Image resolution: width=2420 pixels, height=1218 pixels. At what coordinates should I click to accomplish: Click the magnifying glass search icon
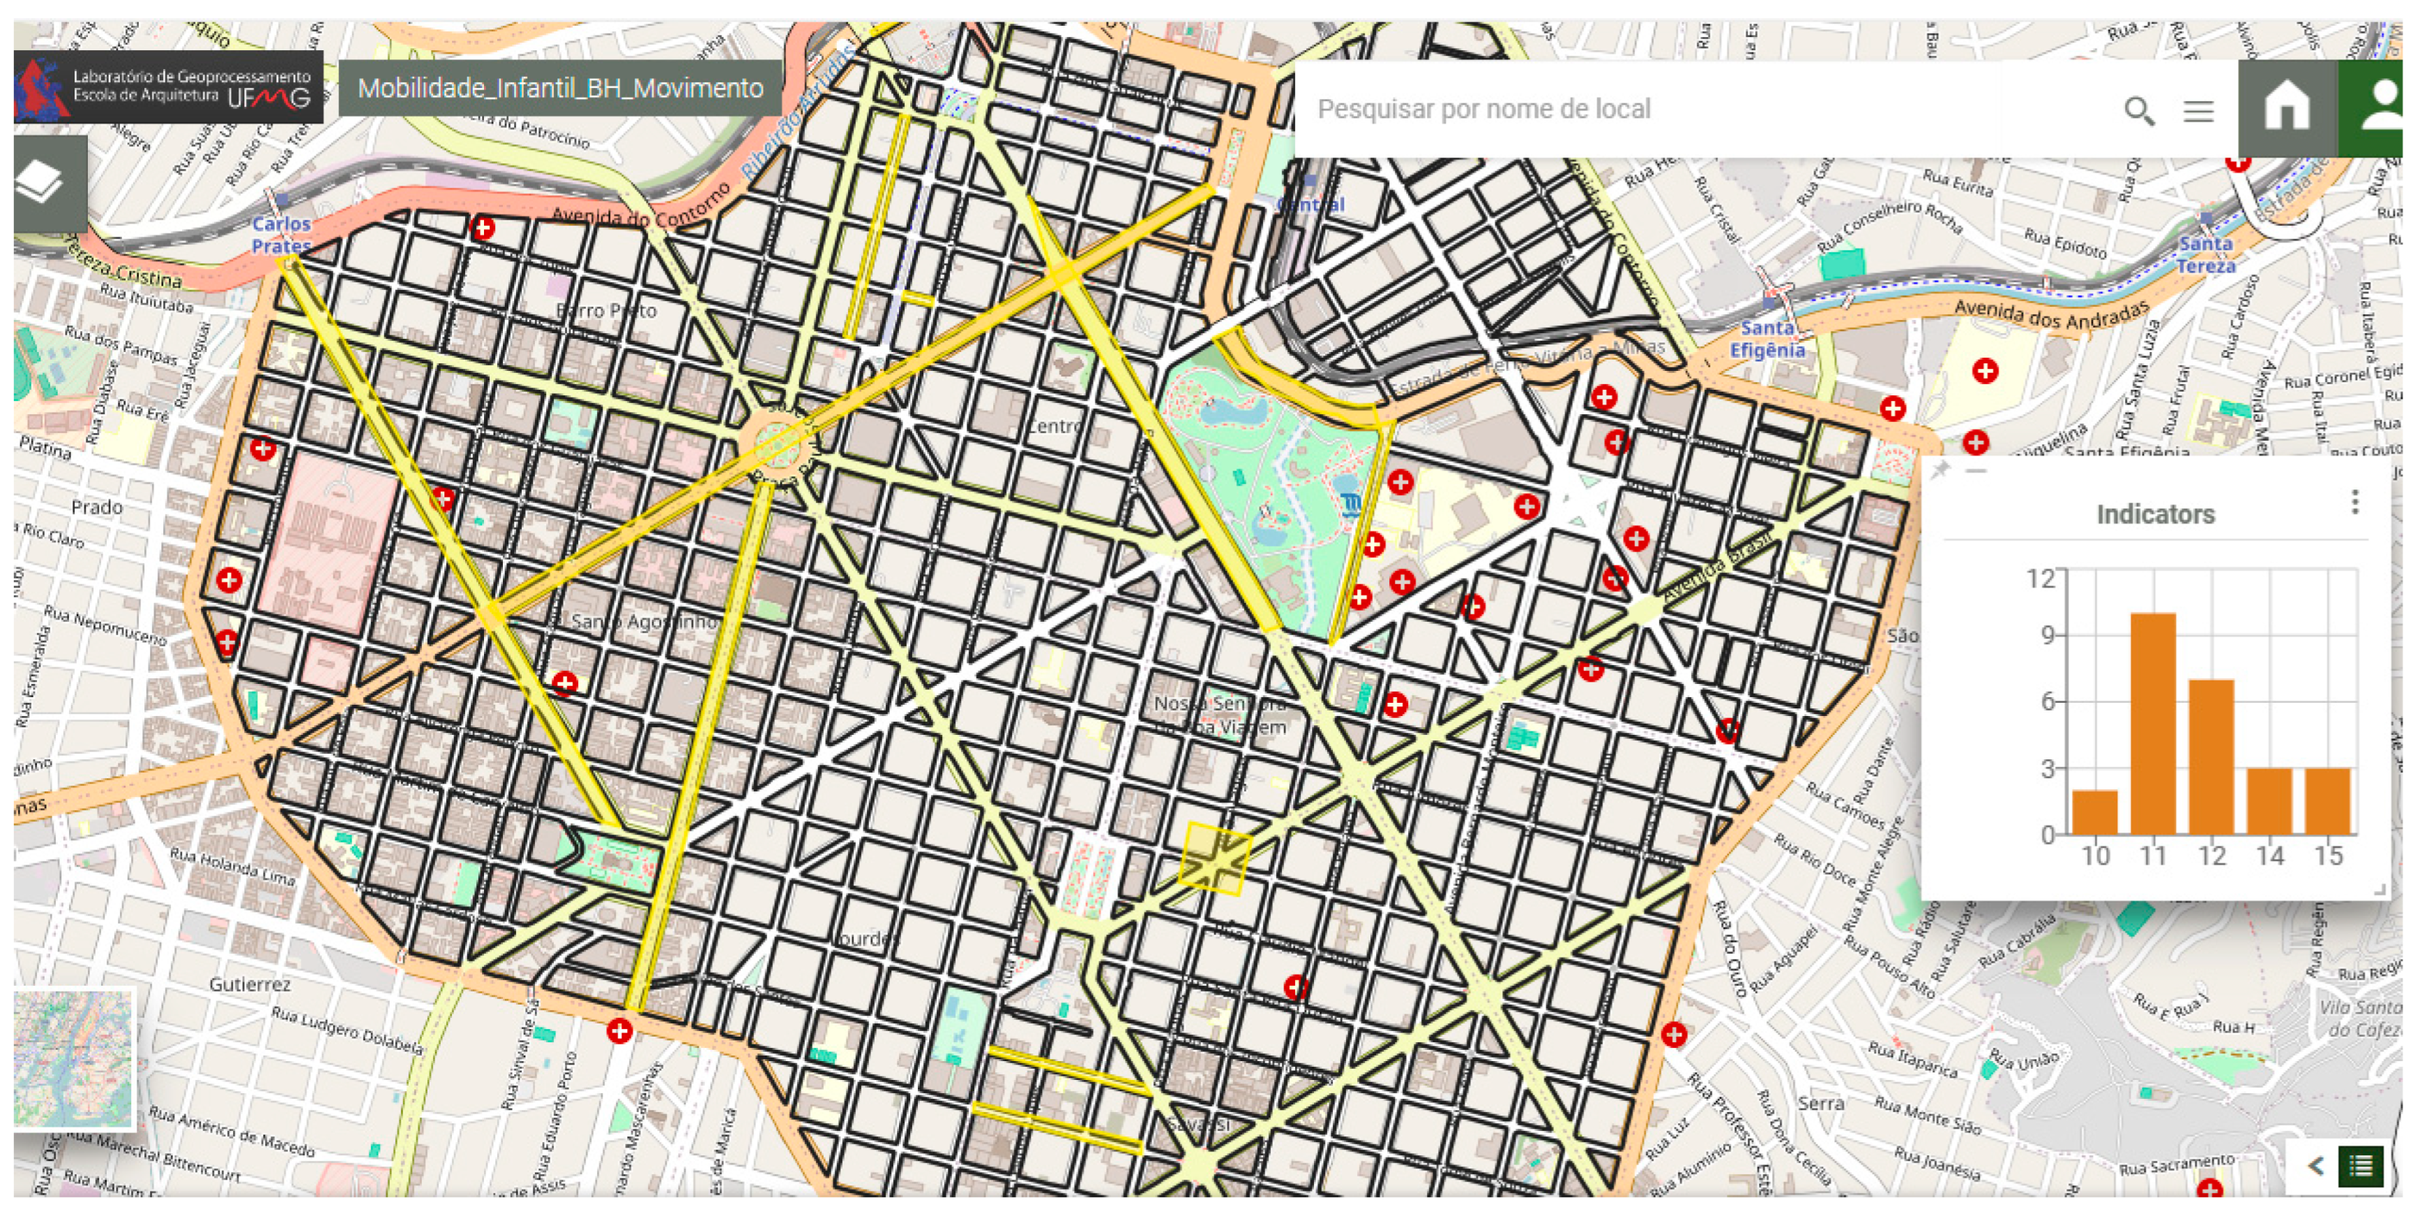[2139, 111]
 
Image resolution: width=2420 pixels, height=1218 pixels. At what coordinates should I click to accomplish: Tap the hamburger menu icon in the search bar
[2198, 111]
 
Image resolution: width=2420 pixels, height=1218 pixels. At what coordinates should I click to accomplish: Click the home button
[2287, 106]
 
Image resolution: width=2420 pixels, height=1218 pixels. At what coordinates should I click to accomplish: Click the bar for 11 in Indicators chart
[2152, 723]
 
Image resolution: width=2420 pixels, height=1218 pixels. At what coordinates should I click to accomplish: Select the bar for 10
[2095, 812]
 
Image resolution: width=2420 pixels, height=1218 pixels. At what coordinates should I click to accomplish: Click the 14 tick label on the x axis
[2269, 856]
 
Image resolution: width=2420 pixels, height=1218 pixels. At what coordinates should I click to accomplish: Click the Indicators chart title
[2155, 515]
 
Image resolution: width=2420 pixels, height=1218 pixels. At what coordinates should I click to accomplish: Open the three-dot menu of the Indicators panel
[2354, 503]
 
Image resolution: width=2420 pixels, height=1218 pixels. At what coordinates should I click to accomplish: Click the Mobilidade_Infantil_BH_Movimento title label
[560, 89]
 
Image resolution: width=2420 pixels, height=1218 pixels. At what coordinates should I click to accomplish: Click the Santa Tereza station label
[2206, 254]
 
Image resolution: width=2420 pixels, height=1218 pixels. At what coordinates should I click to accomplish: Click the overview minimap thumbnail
[74, 1058]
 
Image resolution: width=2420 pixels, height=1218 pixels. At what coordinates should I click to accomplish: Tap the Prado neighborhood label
[97, 507]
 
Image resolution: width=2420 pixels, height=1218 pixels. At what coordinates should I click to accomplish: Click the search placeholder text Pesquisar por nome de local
[1483, 109]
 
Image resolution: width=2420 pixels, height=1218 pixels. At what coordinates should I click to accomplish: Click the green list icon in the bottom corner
[2361, 1166]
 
